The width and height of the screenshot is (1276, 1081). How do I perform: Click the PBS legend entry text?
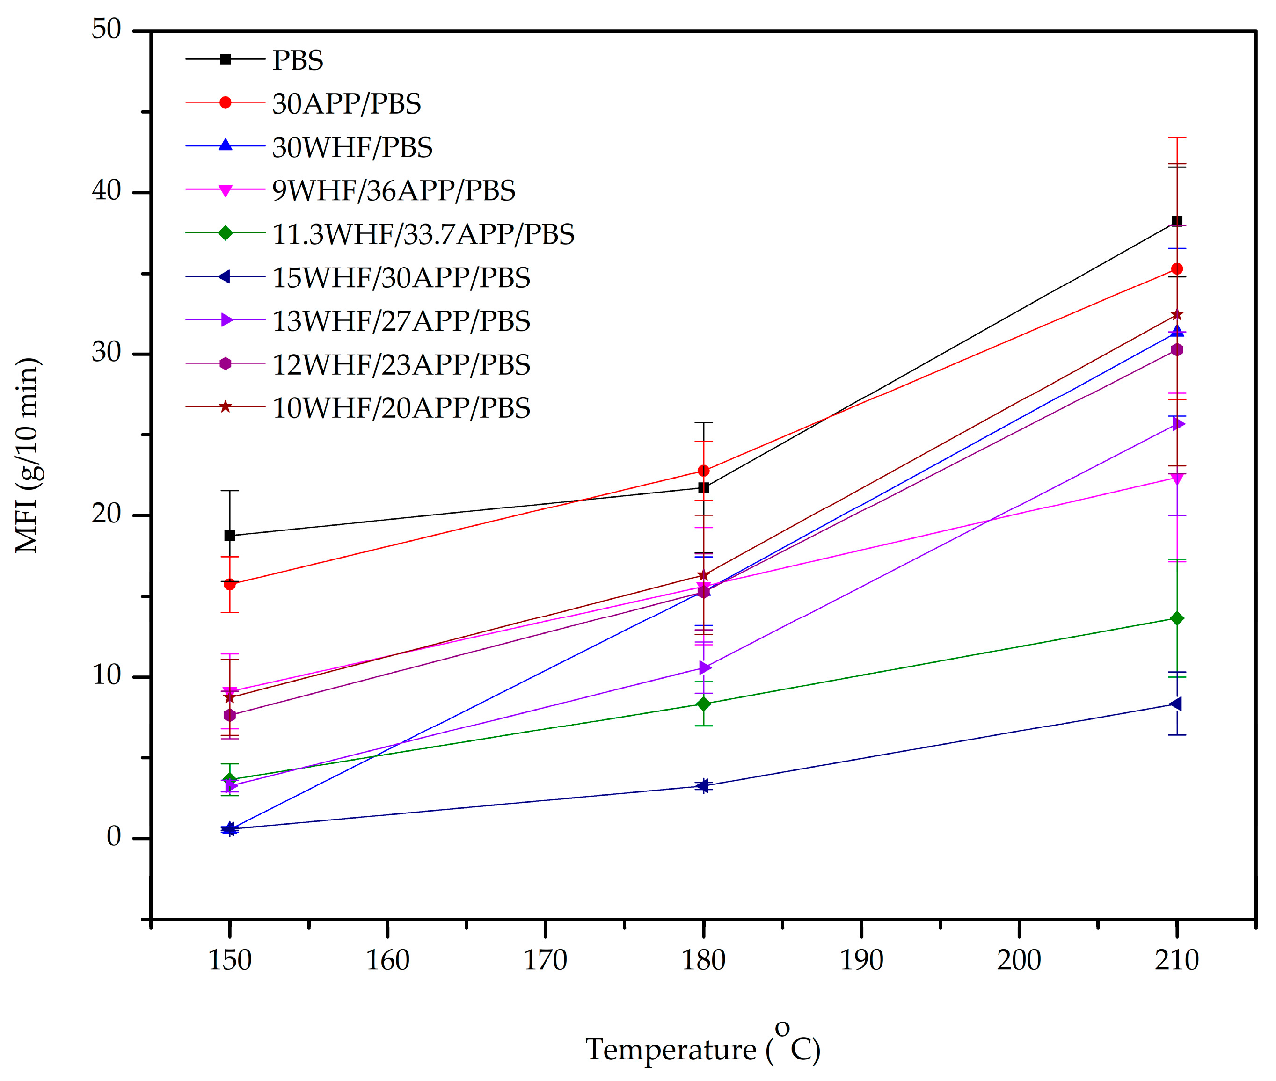point(297,60)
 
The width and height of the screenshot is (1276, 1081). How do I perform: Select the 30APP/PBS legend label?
point(346,103)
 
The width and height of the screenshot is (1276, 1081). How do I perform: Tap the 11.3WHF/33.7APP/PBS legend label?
point(423,234)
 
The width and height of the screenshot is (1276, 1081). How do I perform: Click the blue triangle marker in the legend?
point(226,145)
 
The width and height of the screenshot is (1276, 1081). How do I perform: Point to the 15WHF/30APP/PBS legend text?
point(401,277)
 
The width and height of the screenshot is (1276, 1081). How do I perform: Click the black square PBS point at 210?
point(1177,221)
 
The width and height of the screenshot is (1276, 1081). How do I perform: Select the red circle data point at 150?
point(230,585)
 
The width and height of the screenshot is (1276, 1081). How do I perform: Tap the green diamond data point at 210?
point(1177,618)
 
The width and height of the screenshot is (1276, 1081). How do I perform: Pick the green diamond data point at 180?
point(704,704)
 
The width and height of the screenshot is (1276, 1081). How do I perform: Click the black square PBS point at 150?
point(230,536)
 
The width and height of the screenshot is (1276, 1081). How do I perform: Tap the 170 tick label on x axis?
point(545,960)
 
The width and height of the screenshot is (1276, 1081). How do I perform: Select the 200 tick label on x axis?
point(1019,960)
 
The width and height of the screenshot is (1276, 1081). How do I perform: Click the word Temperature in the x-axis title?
point(671,1050)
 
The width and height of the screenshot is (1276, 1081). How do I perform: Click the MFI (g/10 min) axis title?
point(27,455)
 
